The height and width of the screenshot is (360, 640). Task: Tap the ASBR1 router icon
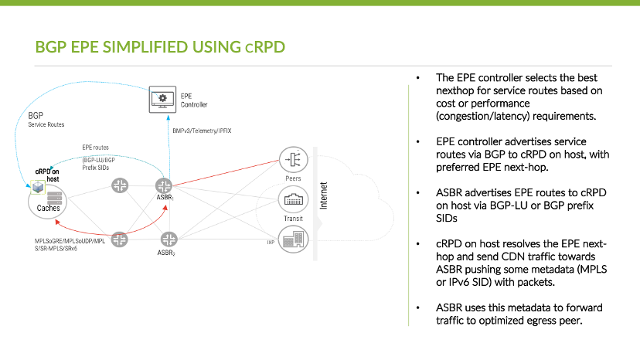163,185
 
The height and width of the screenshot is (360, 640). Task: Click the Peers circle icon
294,159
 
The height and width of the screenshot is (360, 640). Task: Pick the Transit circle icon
294,201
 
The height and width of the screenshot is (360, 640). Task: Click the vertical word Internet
325,195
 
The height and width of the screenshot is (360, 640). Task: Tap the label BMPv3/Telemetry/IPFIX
203,131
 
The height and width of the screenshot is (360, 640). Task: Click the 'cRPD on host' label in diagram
48,175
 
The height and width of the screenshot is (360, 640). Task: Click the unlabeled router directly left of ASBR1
120,185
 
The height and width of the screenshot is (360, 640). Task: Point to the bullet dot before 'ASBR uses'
417,307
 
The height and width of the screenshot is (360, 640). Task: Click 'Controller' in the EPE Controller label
194,104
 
